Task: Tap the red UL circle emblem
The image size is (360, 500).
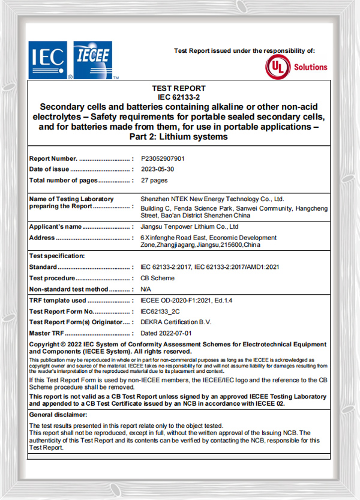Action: click(278, 67)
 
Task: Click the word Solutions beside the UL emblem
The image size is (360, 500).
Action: click(310, 67)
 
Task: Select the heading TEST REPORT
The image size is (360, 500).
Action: click(179, 88)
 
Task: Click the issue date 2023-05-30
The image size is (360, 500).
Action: click(157, 169)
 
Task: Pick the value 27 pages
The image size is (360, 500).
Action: click(154, 180)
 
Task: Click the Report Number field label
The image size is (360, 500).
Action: click(53, 158)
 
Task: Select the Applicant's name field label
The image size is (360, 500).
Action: click(55, 227)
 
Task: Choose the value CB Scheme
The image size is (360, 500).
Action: click(158, 278)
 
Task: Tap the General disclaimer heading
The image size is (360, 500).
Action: click(58, 414)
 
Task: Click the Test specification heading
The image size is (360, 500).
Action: click(57, 256)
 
